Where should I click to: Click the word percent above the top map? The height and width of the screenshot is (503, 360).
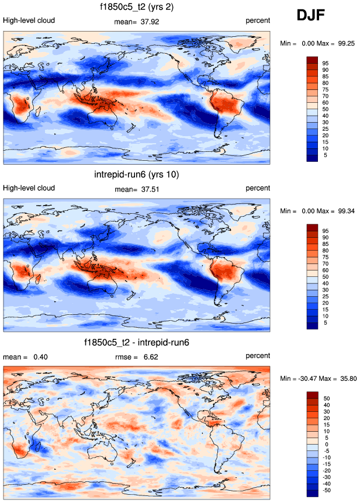coord(258,20)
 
